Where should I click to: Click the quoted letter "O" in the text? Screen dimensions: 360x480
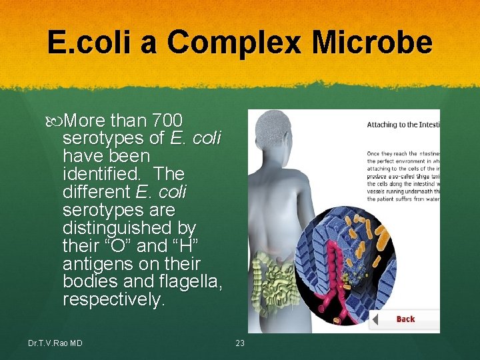[x=117, y=245]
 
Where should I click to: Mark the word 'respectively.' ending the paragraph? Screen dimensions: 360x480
[x=113, y=299]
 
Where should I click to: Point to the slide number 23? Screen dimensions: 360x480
[x=240, y=343]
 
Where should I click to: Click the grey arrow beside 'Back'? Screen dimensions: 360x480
[x=375, y=319]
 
